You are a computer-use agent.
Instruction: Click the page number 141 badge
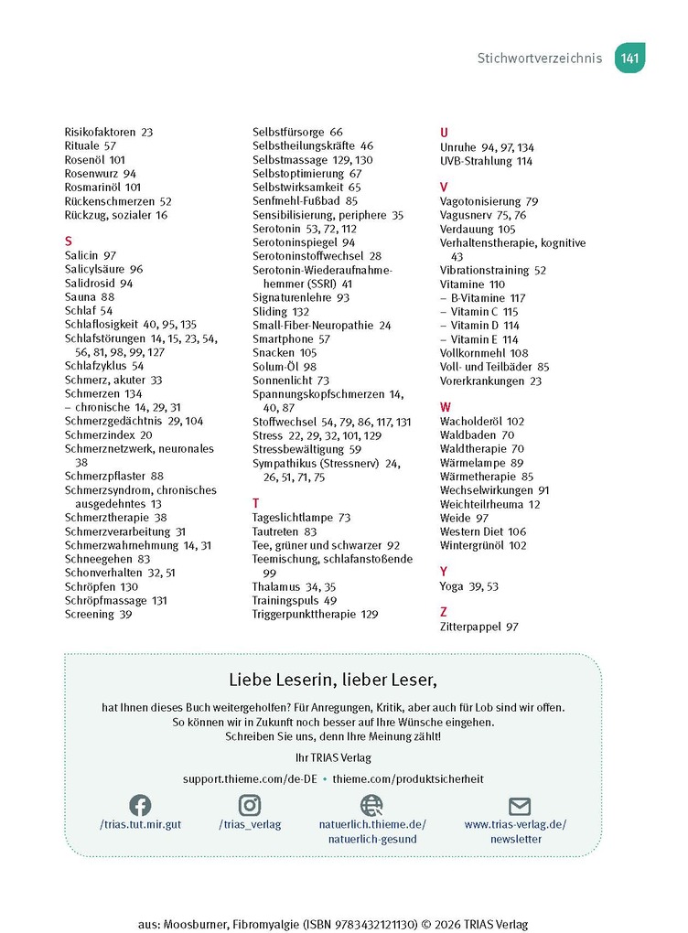(x=629, y=59)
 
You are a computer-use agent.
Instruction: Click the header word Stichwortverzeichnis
(x=539, y=59)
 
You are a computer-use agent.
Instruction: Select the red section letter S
(x=69, y=241)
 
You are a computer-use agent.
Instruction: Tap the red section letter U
(x=444, y=133)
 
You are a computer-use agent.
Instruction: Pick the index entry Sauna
(x=81, y=297)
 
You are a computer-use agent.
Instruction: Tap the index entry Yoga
(x=453, y=586)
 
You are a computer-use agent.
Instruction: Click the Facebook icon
(x=140, y=805)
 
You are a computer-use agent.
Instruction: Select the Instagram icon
(x=250, y=805)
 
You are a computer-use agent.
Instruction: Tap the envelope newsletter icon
(x=520, y=806)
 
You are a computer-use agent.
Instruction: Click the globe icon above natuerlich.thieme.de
(x=371, y=805)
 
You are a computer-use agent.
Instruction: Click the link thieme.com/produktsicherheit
(x=408, y=778)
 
